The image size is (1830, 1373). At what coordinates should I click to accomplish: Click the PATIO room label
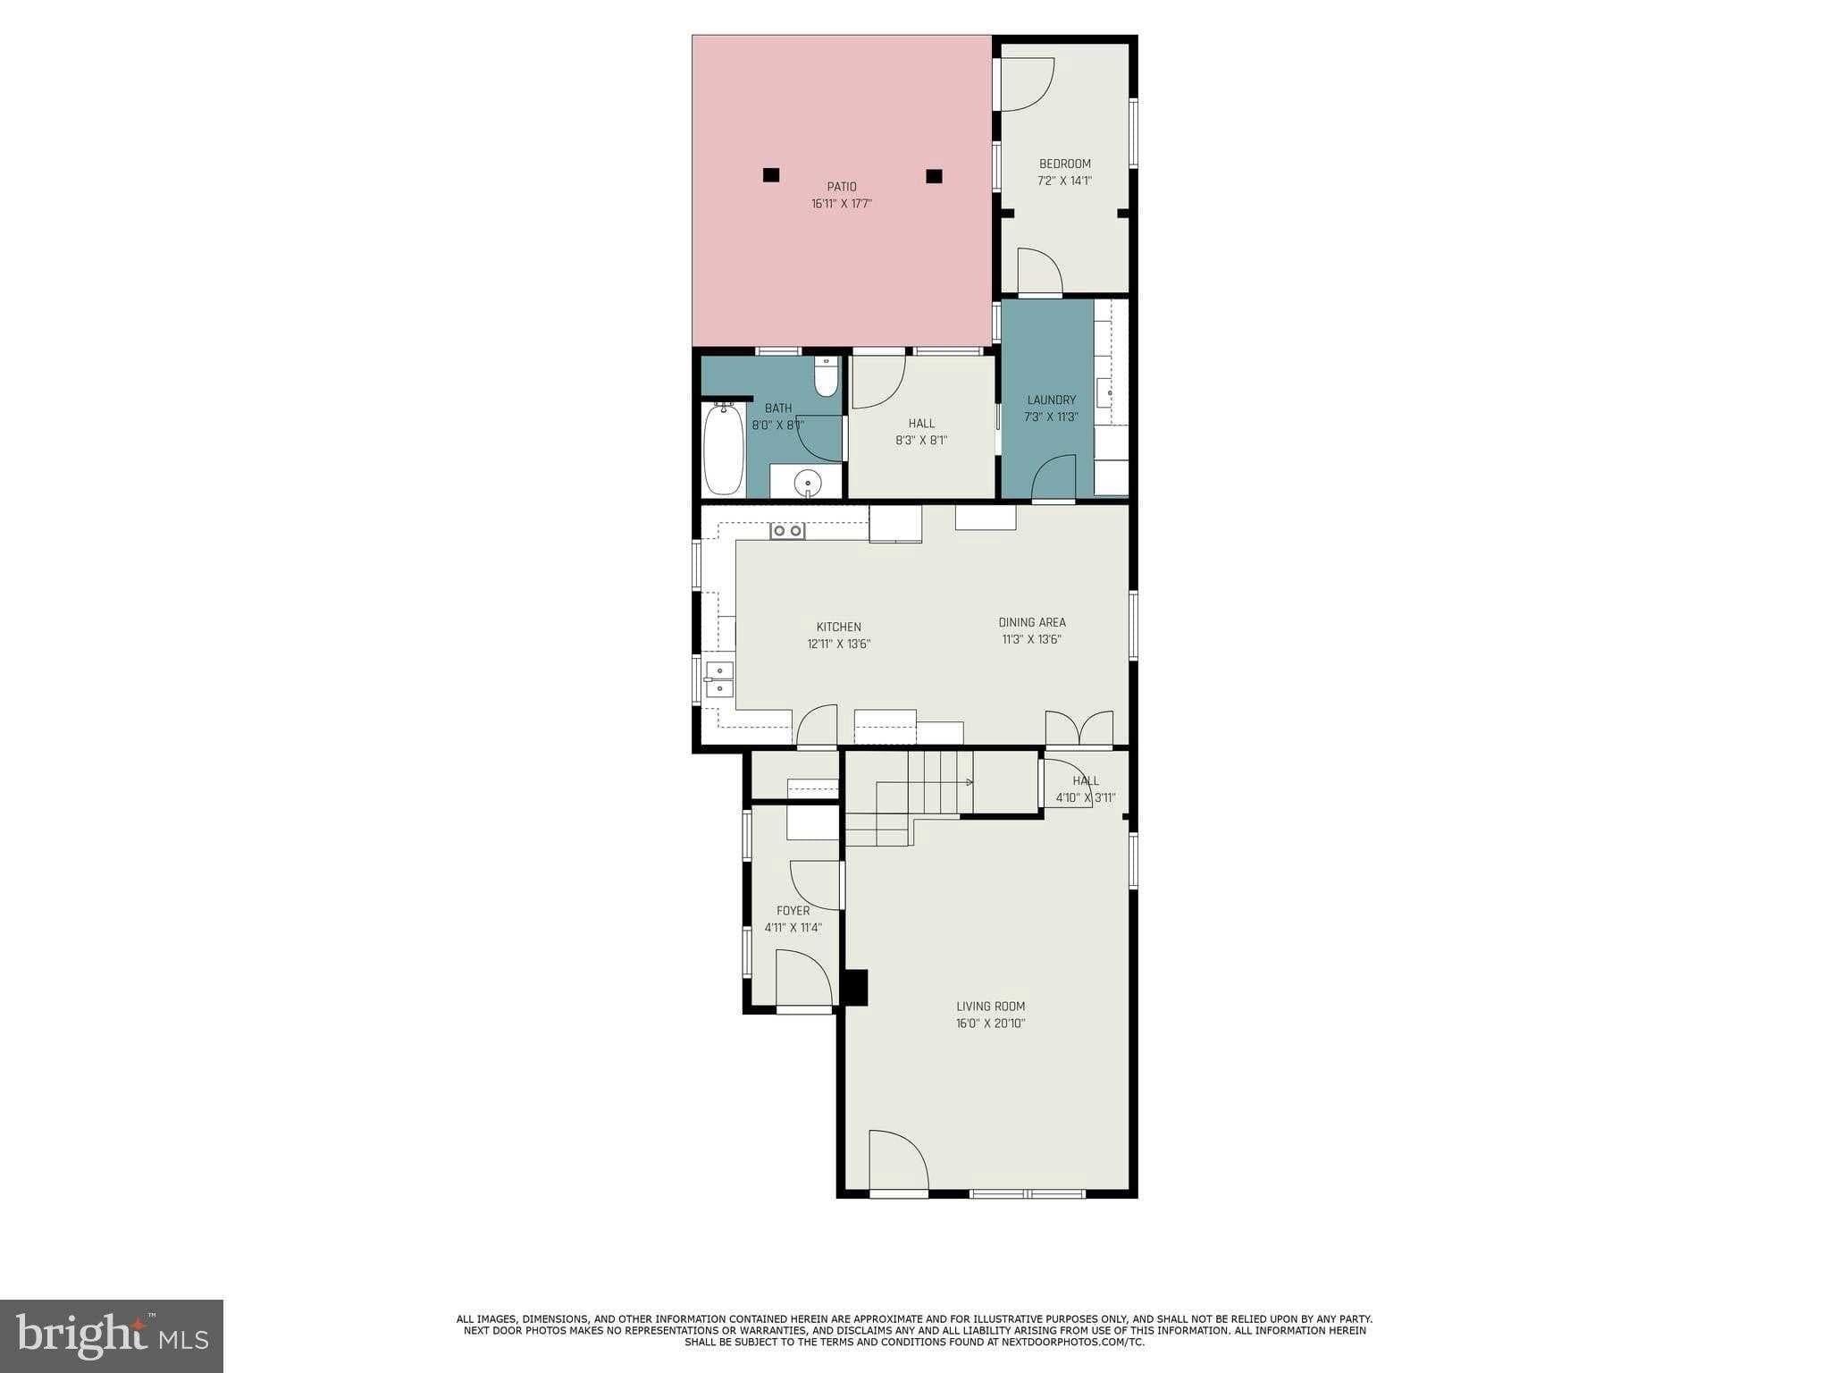click(x=841, y=187)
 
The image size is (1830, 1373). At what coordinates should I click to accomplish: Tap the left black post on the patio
click(x=771, y=175)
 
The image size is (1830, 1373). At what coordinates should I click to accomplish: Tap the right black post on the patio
click(x=934, y=176)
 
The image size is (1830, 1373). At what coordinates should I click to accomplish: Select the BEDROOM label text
click(x=1064, y=164)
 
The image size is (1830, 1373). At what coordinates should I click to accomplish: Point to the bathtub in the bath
click(x=723, y=449)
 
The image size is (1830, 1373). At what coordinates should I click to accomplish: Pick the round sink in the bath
click(x=807, y=481)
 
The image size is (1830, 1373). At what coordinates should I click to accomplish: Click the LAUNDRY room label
click(x=1051, y=400)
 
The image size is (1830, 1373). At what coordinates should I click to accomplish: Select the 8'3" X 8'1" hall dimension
click(x=921, y=440)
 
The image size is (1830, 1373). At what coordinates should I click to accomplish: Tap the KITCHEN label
click(x=838, y=627)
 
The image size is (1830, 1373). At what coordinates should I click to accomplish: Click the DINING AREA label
click(x=1031, y=622)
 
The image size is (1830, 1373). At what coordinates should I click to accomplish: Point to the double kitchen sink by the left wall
click(x=719, y=679)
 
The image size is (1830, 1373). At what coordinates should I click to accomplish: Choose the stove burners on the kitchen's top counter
click(x=787, y=531)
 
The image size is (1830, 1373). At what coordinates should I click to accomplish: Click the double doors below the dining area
click(x=1079, y=728)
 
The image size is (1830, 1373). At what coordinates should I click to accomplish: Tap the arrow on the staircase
click(x=969, y=782)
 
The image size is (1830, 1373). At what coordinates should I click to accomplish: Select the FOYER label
click(x=793, y=911)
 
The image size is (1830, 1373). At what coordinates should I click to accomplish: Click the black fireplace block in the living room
click(x=855, y=988)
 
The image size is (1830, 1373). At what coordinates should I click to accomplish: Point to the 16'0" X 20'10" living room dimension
click(x=990, y=1023)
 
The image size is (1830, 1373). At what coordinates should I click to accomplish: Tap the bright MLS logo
click(x=112, y=1335)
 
